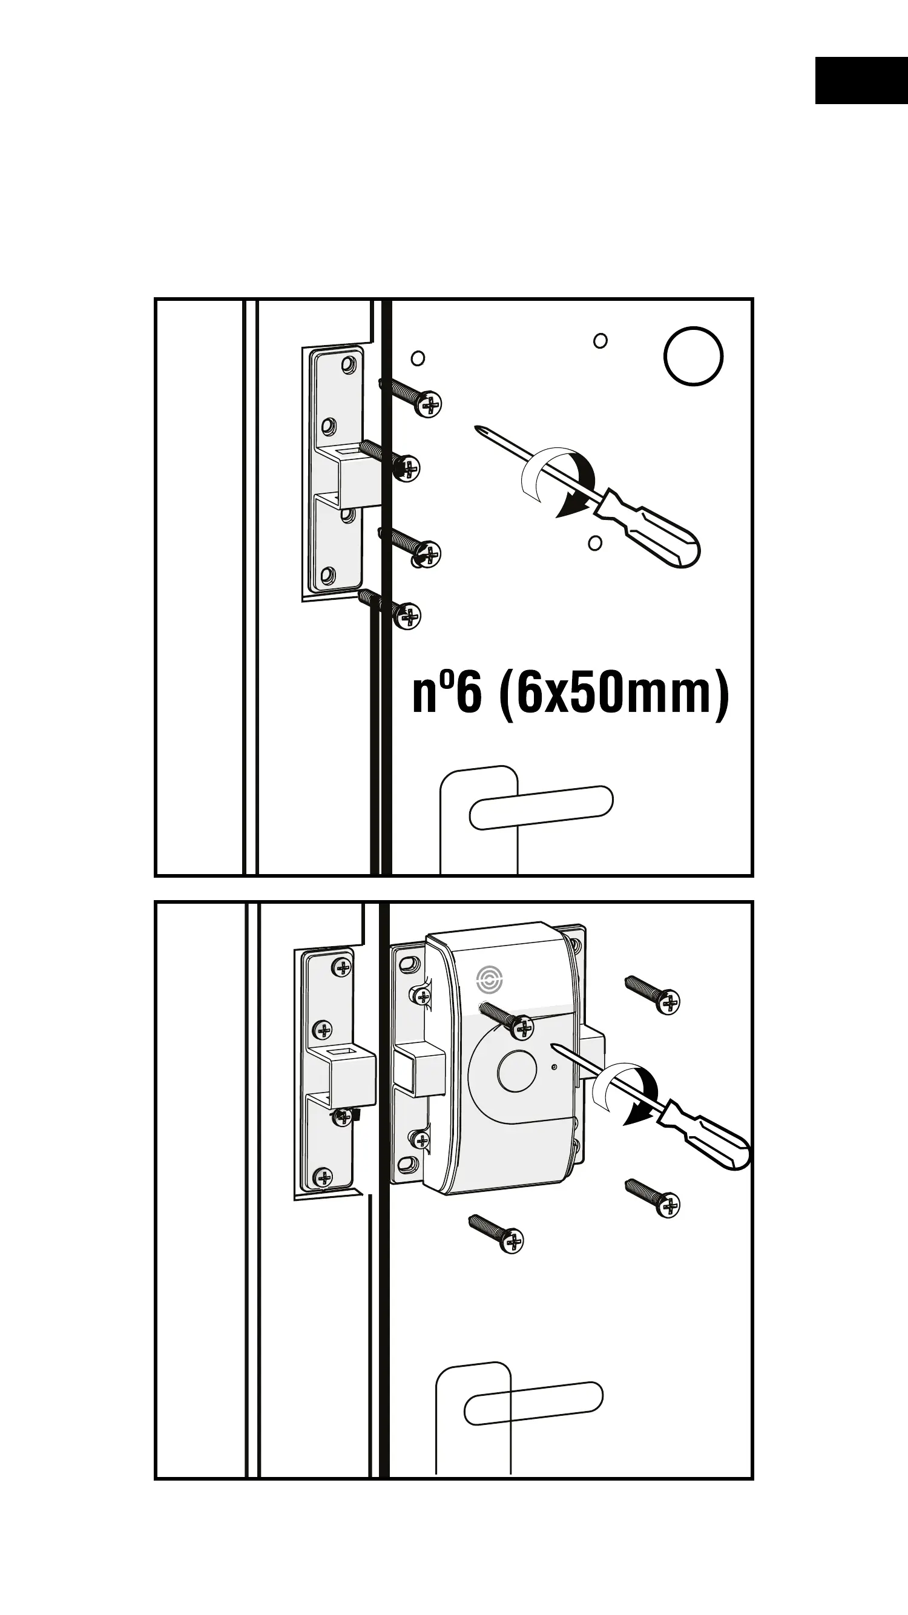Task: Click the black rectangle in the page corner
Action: tap(861, 81)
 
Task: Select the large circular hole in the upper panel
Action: tap(693, 356)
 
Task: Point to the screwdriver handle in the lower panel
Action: tap(715, 1142)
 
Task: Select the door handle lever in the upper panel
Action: tap(541, 807)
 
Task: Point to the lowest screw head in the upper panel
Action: tap(408, 616)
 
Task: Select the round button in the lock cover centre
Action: tap(516, 1073)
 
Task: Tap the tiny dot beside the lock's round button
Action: tap(554, 1067)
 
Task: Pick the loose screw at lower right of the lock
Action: tap(653, 1197)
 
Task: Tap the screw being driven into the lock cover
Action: tap(508, 1019)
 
